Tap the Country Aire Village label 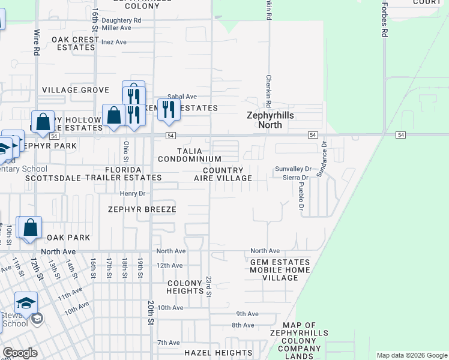tap(223, 174)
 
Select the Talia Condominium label tap(190, 155)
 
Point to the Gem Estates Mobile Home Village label tap(279, 266)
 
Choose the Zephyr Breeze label tap(142, 209)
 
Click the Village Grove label tap(76, 90)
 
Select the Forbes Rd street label tap(384, 19)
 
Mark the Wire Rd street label tap(37, 43)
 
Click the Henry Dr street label tap(133, 194)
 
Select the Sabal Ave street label tap(182, 97)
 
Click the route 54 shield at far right tap(400, 135)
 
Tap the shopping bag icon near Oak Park tap(30, 228)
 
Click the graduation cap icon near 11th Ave tap(26, 304)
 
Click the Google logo tap(20, 352)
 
